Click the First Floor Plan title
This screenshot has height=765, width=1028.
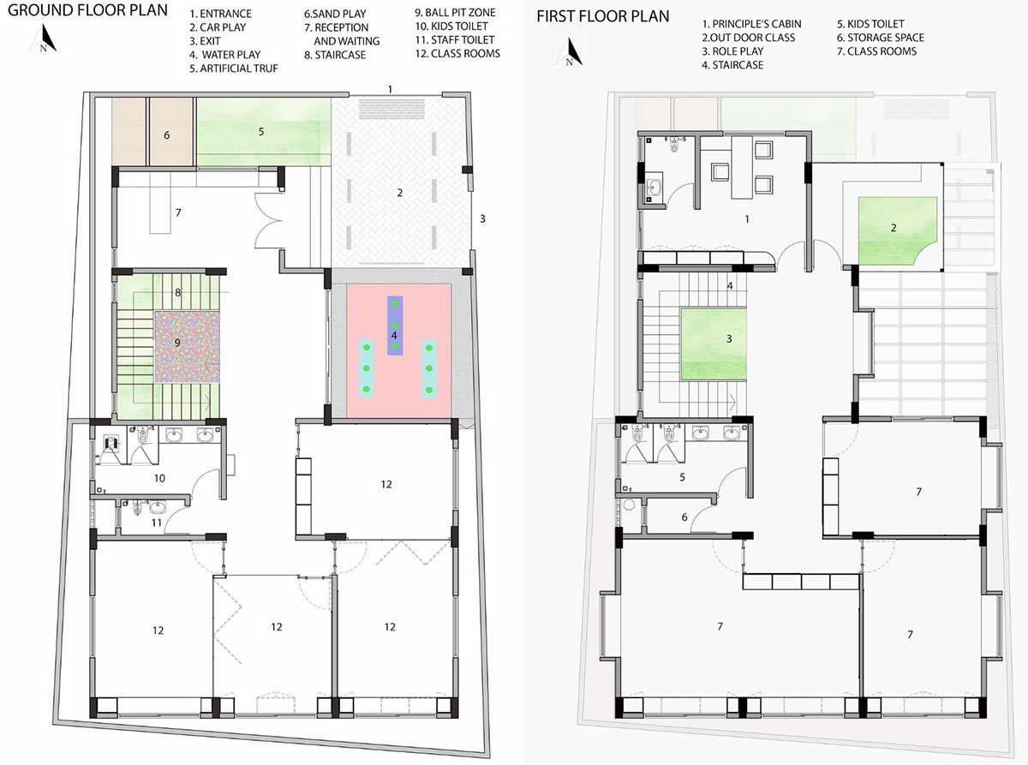click(x=603, y=15)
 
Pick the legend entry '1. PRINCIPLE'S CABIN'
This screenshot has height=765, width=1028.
click(x=748, y=24)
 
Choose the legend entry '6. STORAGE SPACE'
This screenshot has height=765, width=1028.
click(x=881, y=38)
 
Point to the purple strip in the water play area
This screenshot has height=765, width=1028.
click(x=394, y=326)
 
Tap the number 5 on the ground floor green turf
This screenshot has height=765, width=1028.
click(x=261, y=131)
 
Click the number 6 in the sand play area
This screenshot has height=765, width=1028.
click(x=166, y=134)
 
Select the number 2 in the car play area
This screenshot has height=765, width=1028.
click(x=399, y=193)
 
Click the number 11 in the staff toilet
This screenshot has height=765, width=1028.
click(x=156, y=522)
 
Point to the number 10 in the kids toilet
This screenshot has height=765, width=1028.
click(x=159, y=478)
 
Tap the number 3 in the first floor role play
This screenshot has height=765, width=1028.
click(x=728, y=338)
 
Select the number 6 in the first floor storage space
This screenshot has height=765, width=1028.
click(x=684, y=517)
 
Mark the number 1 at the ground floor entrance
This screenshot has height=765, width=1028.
click(x=390, y=88)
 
